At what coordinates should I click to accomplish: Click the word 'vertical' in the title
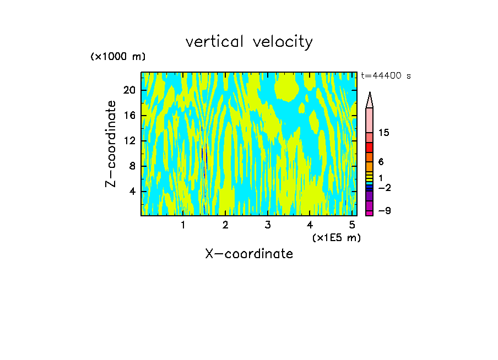(x=215, y=42)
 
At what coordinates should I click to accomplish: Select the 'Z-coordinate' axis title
(x=111, y=144)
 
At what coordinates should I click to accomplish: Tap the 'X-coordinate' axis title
(x=249, y=254)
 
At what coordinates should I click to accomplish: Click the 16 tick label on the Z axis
(x=129, y=116)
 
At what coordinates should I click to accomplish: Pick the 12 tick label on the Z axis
(x=129, y=141)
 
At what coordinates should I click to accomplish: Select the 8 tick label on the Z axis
(x=132, y=166)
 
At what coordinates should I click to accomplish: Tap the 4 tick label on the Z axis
(x=132, y=192)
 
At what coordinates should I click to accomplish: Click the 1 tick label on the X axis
(x=183, y=225)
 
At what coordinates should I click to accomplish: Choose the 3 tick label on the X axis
(x=267, y=225)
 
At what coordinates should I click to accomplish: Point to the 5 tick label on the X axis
(x=351, y=225)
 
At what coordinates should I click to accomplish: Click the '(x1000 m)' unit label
(x=118, y=57)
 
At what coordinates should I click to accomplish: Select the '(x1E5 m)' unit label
(x=336, y=238)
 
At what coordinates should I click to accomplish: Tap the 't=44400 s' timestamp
(x=386, y=76)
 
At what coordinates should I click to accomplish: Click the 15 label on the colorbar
(x=384, y=133)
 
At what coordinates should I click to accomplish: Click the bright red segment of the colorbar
(x=369, y=148)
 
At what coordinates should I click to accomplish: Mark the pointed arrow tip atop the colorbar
(x=370, y=99)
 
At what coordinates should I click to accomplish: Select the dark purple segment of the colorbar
(x=369, y=196)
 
